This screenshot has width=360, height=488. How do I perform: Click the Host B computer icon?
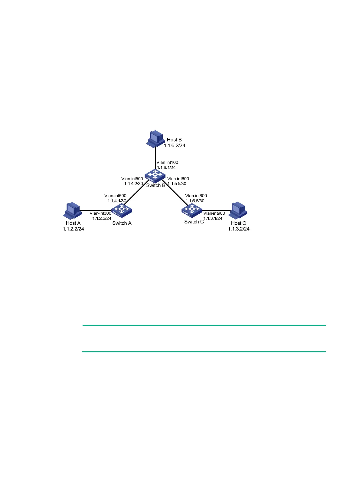[x=155, y=139]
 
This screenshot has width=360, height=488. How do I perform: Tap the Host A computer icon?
[x=73, y=210]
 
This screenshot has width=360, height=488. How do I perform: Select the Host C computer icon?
[x=238, y=210]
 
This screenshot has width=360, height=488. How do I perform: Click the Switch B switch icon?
[x=155, y=176]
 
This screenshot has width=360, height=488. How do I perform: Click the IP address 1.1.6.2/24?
[x=175, y=145]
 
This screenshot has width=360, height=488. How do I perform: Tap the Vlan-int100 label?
[x=167, y=162]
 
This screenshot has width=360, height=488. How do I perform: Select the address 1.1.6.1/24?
[x=166, y=168]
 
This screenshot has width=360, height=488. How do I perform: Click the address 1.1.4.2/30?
[x=133, y=184]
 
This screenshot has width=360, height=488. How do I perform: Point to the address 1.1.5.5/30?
[x=177, y=184]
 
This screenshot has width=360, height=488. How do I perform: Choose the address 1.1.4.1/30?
[x=117, y=201]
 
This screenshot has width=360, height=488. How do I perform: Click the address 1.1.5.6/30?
[x=195, y=201]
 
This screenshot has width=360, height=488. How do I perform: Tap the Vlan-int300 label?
[x=100, y=213]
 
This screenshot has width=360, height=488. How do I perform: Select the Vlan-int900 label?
[x=214, y=213]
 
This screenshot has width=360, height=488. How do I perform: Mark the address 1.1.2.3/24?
[x=102, y=218]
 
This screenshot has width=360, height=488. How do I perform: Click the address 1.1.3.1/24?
[x=213, y=218]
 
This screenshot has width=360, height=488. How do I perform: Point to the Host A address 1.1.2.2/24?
[x=73, y=229]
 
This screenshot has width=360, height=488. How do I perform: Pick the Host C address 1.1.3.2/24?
[x=239, y=229]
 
